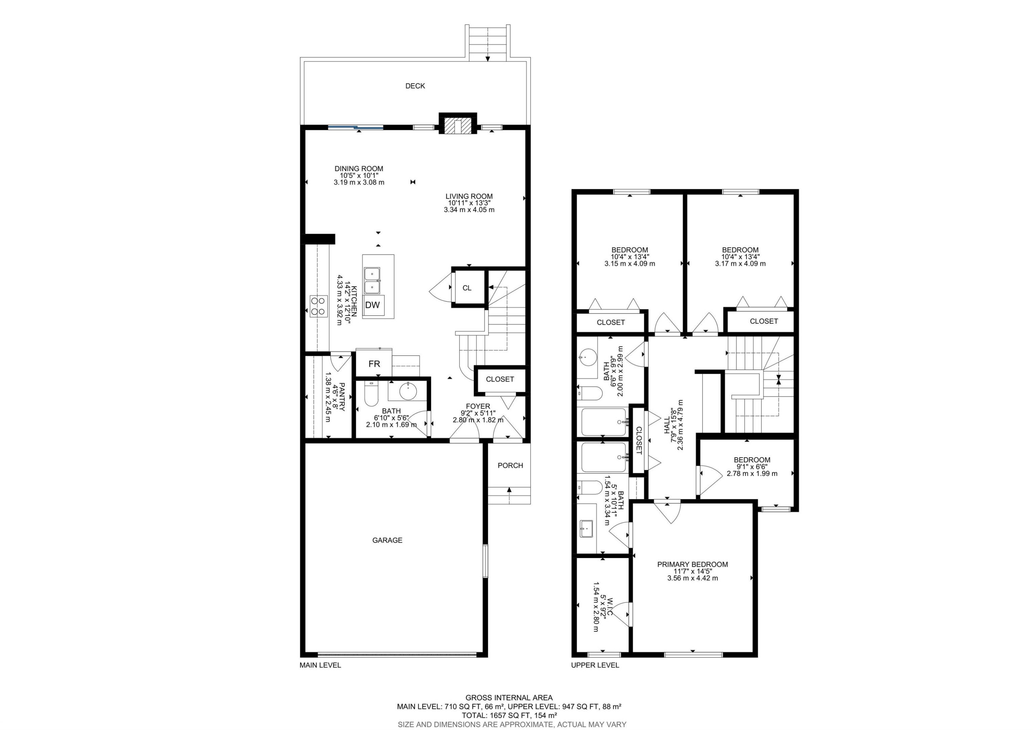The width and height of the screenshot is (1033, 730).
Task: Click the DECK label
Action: coord(415,86)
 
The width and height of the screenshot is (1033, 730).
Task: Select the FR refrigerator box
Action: coord(374,364)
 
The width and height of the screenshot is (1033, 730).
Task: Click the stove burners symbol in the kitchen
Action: coord(318,306)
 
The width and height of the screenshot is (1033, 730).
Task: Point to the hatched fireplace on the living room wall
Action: coord(458,125)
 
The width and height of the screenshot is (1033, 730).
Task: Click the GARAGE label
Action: coord(387,540)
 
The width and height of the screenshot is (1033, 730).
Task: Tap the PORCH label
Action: coord(510,465)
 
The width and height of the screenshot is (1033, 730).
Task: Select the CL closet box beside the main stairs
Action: coord(467,288)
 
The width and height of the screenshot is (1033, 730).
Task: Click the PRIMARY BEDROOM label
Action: coord(692,564)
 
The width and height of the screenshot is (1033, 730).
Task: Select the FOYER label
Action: coord(478,407)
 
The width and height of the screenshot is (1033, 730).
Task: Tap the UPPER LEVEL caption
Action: coord(595,665)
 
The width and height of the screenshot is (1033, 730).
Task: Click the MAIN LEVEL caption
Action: coord(320,665)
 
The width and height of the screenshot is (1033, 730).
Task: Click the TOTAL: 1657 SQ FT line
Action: coord(509,715)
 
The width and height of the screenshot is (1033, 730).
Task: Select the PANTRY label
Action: coord(342,397)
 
